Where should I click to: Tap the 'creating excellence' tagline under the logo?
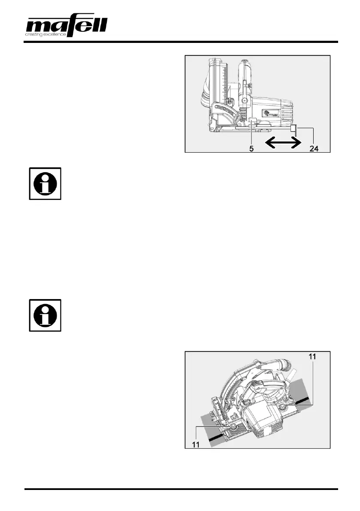point(45,35)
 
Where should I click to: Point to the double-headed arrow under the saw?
point(281,142)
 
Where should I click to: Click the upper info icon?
point(45,184)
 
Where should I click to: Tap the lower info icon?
point(45,315)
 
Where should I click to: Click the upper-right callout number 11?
point(313,356)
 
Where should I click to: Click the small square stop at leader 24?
point(293,128)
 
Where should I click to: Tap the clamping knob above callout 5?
point(253,124)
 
